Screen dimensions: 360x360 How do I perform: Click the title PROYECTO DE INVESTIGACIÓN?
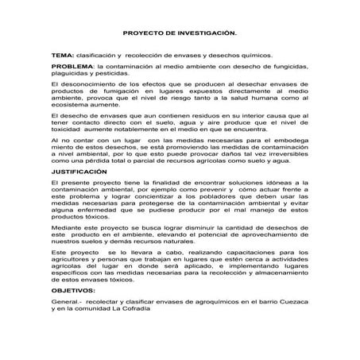pyautogui.click(x=180, y=35)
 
